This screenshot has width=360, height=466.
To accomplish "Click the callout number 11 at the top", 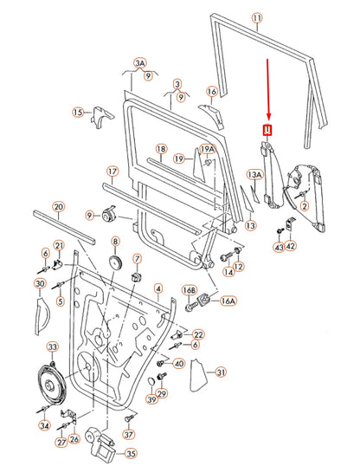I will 255,17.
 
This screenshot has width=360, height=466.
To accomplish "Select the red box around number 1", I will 267,131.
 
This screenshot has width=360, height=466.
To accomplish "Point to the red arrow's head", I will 267,120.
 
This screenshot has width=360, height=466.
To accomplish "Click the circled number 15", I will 78,113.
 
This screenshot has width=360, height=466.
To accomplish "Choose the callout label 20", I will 58,206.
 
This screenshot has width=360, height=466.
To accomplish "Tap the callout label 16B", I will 190,292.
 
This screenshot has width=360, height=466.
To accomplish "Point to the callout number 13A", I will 254,175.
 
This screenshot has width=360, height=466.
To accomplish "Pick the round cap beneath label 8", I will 115,262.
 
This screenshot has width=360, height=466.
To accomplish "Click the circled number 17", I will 112,172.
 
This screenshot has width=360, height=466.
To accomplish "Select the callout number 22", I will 198,334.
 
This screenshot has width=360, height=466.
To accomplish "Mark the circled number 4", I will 157,287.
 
